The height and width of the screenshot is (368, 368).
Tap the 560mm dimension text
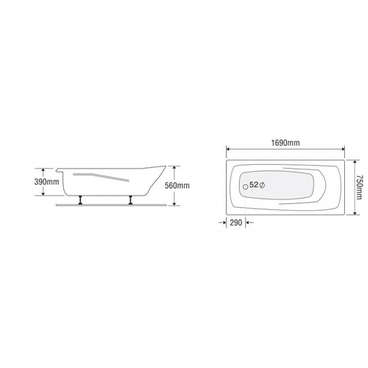[x=200, y=186]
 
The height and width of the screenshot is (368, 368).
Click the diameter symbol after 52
[x=263, y=186]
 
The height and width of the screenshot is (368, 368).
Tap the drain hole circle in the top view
[x=245, y=186]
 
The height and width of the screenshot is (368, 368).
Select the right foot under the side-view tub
[x=131, y=201]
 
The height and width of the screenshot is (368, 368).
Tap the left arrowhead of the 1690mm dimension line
[x=228, y=149]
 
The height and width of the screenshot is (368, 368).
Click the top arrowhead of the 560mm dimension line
[x=176, y=166]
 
